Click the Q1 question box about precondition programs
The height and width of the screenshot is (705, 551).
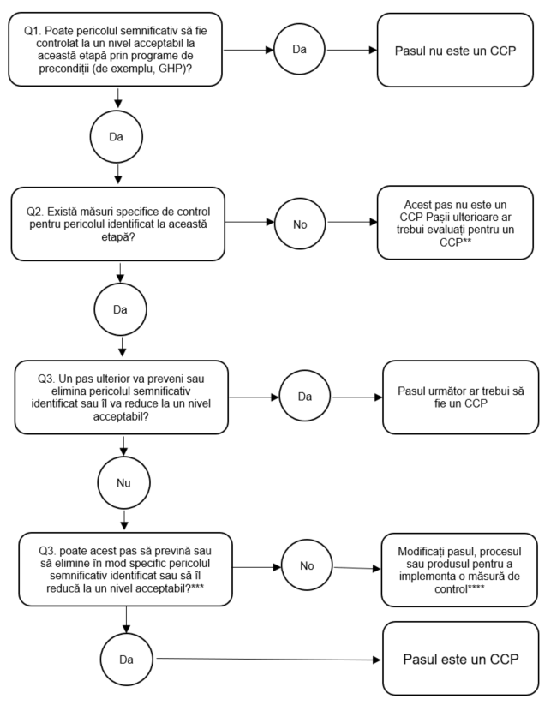pyautogui.click(x=115, y=50)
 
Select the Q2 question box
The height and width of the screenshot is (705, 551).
pyautogui.click(x=118, y=224)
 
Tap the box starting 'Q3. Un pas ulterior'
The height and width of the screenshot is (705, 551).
pyautogui.click(x=122, y=397)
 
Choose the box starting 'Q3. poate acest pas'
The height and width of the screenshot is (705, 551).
pyautogui.click(x=125, y=569)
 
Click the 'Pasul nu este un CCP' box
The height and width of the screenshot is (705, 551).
pyautogui.click(x=455, y=50)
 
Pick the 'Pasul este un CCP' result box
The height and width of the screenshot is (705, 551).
pyautogui.click(x=460, y=659)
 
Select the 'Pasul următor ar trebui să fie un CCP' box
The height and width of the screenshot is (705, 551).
pyautogui.click(x=460, y=397)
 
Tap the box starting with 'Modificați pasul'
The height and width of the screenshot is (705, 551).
pyautogui.click(x=459, y=571)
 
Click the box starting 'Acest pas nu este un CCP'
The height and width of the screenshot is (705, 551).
pyautogui.click(x=455, y=223)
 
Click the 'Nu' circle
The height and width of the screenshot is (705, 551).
pyautogui.click(x=123, y=482)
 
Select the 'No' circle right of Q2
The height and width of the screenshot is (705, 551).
pyautogui.click(x=300, y=224)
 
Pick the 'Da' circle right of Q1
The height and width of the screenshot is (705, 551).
pyautogui.click(x=300, y=49)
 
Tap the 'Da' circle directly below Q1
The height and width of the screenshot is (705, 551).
pyautogui.click(x=116, y=137)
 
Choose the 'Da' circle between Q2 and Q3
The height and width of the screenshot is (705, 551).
pyautogui.click(x=120, y=309)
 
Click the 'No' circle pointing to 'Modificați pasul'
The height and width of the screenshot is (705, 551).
pyautogui.click(x=307, y=565)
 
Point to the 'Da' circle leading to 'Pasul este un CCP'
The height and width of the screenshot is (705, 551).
pyautogui.click(x=126, y=660)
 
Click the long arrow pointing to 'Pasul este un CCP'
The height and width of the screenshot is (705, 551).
pyautogui.click(x=268, y=660)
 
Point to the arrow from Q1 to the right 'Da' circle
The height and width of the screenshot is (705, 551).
pyautogui.click(x=249, y=50)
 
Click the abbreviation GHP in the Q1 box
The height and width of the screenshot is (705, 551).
pyautogui.click(x=171, y=69)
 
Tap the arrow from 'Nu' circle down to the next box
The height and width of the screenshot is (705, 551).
pyautogui.click(x=124, y=520)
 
